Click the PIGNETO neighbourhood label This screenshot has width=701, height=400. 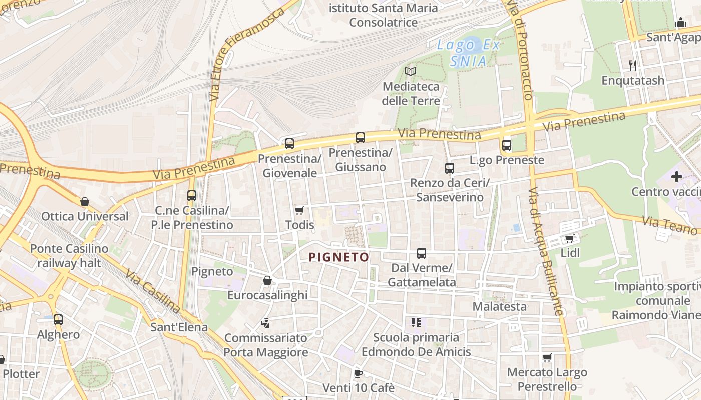[x=339, y=257]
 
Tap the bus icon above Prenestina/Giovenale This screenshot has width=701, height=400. [x=289, y=144]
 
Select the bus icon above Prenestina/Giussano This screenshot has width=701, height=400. [x=361, y=138]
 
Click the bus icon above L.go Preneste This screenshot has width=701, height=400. [x=507, y=145]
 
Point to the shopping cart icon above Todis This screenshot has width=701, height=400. [x=299, y=210]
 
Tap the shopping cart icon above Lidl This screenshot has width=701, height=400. [x=569, y=238]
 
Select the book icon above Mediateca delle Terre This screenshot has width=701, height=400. [x=411, y=72]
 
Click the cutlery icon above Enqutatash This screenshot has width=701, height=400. [x=633, y=65]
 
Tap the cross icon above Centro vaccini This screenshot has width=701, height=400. [x=677, y=177]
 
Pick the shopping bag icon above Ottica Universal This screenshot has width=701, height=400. [x=85, y=202]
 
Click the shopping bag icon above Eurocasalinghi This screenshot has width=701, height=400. [x=267, y=280]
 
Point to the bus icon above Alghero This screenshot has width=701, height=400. [x=58, y=320]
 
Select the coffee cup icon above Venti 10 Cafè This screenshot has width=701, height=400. [x=358, y=373]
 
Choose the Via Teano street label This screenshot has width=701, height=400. [x=669, y=225]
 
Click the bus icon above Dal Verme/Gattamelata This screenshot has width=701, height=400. [x=422, y=253]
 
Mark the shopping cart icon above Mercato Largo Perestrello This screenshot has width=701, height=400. [x=547, y=357]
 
